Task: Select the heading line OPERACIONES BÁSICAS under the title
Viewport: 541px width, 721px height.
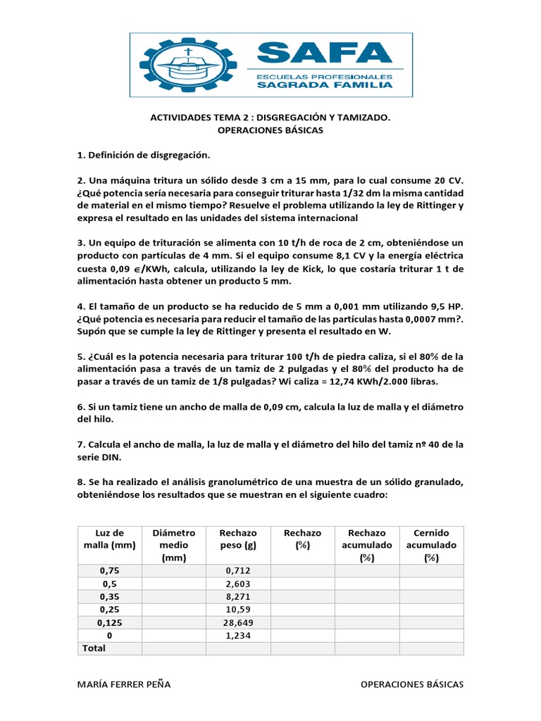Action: pyautogui.click(x=270, y=131)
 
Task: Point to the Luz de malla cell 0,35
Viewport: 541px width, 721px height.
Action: pyautogui.click(x=109, y=596)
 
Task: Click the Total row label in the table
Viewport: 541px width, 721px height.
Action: pyautogui.click(x=94, y=648)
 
